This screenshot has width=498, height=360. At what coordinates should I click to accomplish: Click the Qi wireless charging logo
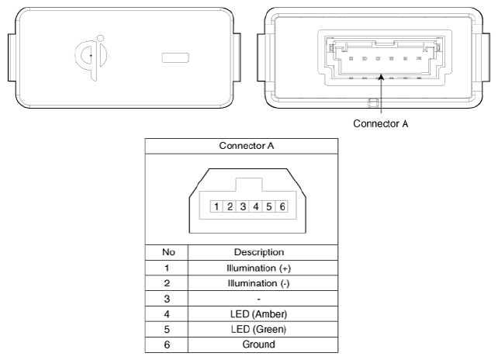tap(92, 57)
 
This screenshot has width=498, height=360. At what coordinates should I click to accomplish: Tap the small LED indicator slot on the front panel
tap(175, 57)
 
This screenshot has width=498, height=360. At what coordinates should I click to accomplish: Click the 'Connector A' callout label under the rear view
tap(381, 123)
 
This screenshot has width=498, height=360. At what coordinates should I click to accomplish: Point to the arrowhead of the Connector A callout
tap(381, 77)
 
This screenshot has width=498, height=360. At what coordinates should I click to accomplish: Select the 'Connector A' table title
tap(247, 146)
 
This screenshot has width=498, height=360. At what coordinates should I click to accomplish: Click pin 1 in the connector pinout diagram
tap(216, 207)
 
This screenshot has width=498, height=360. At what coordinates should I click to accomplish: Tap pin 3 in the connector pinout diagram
tap(243, 207)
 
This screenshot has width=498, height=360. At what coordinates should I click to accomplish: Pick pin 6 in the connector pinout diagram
tap(282, 207)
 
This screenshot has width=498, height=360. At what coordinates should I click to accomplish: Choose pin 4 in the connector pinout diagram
tap(256, 207)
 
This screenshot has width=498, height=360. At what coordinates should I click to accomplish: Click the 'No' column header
tap(168, 252)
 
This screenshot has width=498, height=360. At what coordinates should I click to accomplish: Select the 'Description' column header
tap(259, 252)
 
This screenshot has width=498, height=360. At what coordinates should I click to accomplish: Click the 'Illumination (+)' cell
tap(258, 268)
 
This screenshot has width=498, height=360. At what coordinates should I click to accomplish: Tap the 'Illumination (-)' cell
tap(258, 283)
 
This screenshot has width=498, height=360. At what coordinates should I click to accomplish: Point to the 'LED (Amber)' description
tap(258, 314)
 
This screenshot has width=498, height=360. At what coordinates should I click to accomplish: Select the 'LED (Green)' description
tap(258, 329)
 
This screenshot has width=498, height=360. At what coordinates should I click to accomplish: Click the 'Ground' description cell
tap(258, 344)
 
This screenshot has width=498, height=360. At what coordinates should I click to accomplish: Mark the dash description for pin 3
tap(258, 299)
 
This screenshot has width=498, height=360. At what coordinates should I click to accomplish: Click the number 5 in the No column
tap(167, 330)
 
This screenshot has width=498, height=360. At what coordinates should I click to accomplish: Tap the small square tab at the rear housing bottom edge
tap(373, 103)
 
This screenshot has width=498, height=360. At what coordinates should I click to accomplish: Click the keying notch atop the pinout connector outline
tap(249, 185)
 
